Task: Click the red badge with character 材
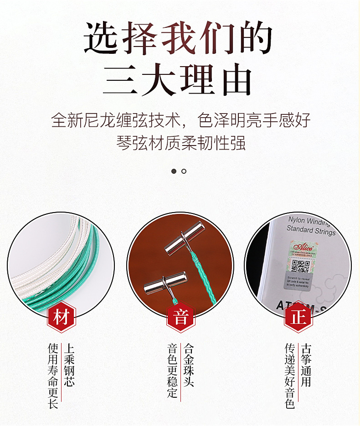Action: (x=61, y=317)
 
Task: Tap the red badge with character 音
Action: (x=180, y=317)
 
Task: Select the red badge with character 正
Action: (x=298, y=317)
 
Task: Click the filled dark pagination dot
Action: (x=174, y=171)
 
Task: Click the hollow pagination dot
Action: (x=184, y=171)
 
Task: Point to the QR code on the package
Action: (x=301, y=266)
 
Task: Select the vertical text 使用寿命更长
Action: (x=53, y=375)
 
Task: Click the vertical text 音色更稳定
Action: (x=172, y=370)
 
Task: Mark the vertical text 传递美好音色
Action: (x=290, y=375)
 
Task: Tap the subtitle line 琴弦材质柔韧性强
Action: (x=180, y=143)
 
